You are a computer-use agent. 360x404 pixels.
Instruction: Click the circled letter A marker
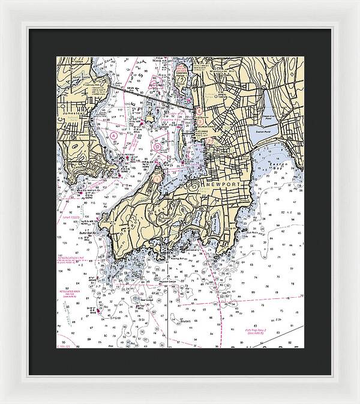[x=113, y=136]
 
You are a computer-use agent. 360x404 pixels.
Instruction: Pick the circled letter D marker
[x=157, y=146]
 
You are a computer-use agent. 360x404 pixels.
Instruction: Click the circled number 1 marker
[x=157, y=178]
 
